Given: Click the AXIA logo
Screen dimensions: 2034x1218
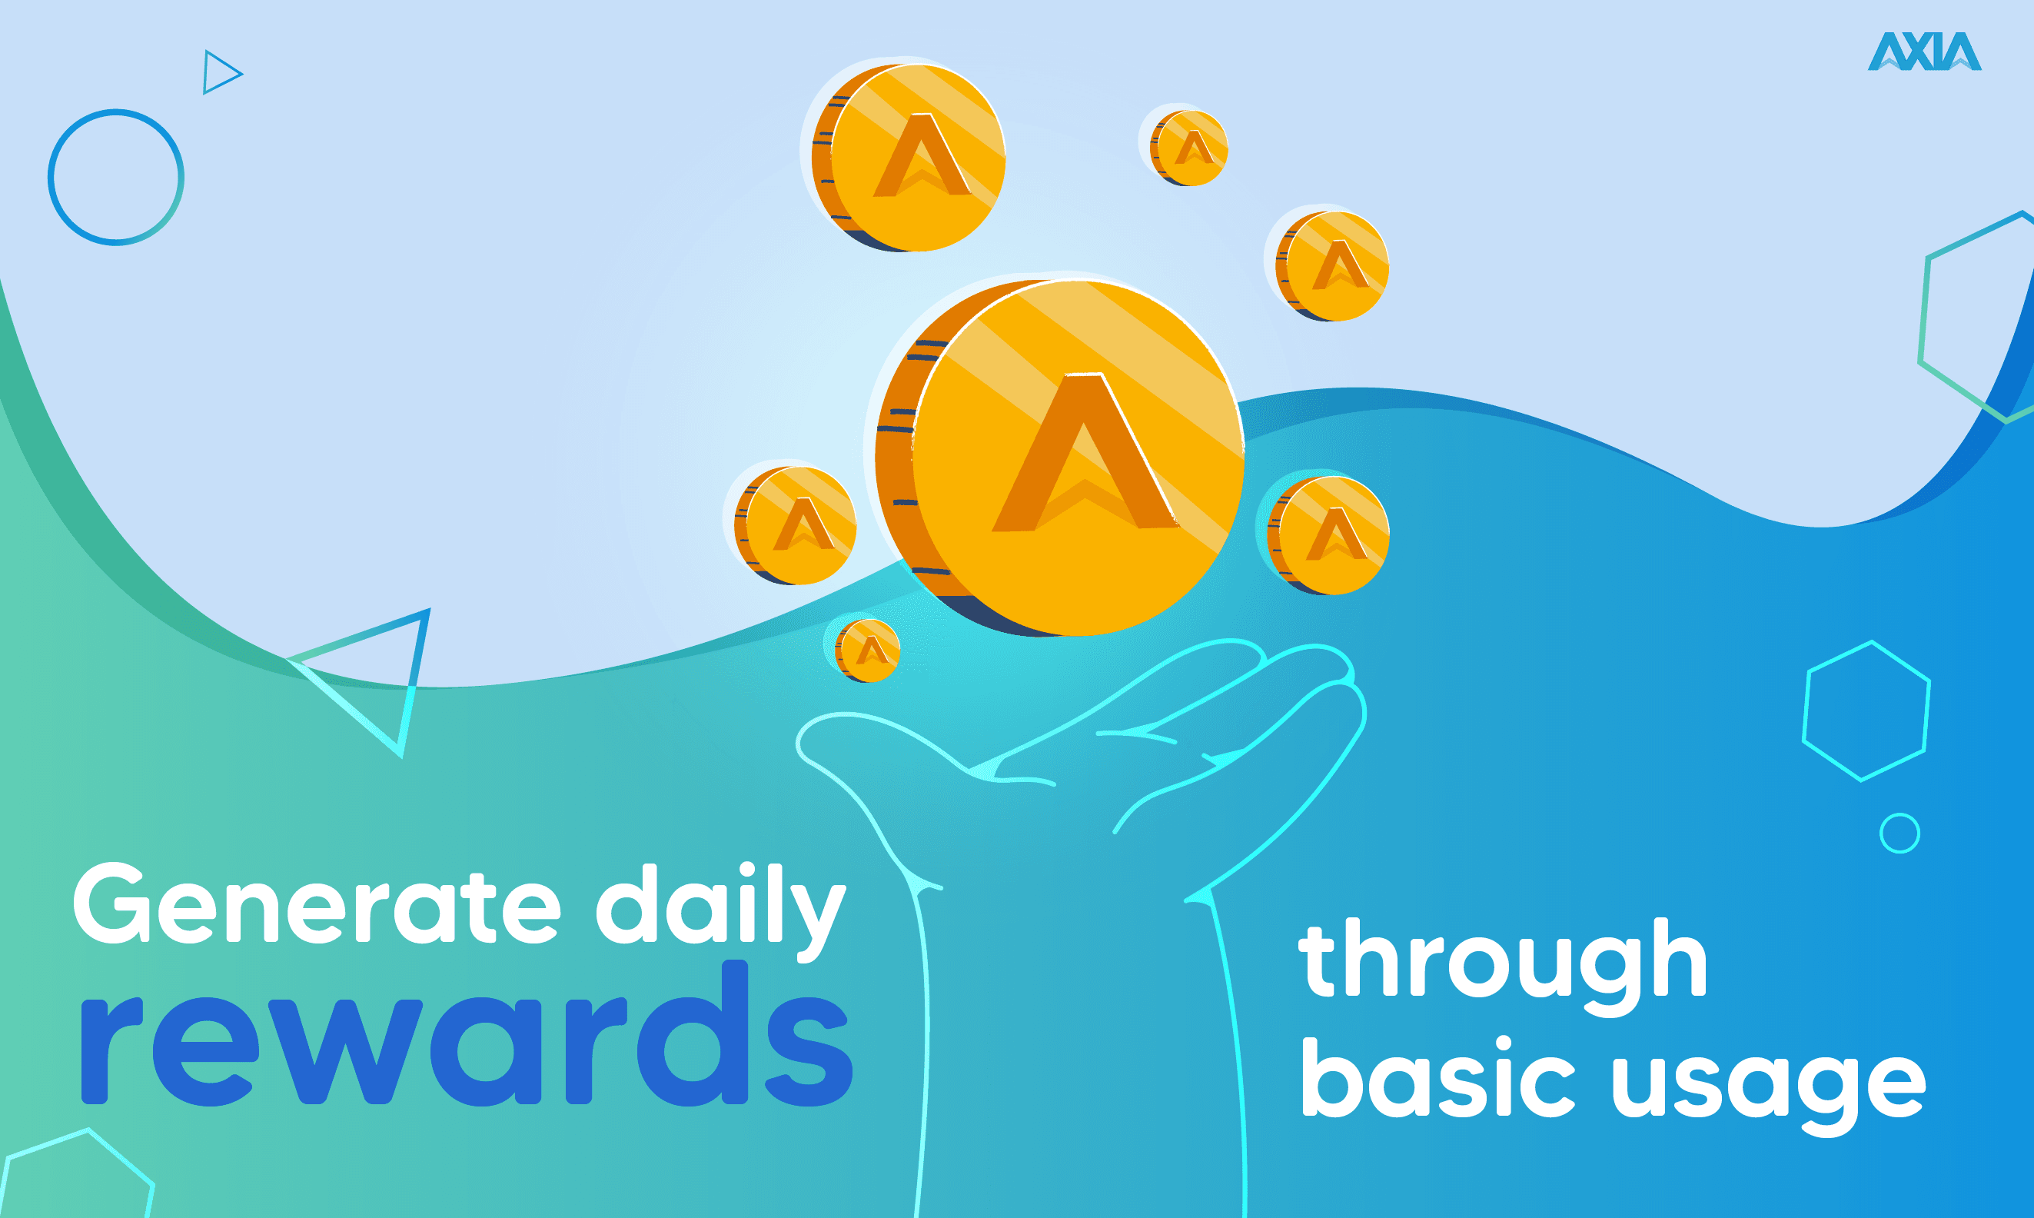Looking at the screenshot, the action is [1924, 51].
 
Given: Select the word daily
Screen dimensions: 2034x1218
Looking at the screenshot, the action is [720, 912].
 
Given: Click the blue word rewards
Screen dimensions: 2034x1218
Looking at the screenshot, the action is [466, 1034].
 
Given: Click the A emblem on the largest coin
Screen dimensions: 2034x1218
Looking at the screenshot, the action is [1085, 452].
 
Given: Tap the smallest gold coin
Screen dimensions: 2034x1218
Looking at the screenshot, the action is [868, 650].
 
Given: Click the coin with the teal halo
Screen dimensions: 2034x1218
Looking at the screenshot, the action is [1328, 535].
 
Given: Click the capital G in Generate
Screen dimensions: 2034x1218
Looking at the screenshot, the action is [112, 904].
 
